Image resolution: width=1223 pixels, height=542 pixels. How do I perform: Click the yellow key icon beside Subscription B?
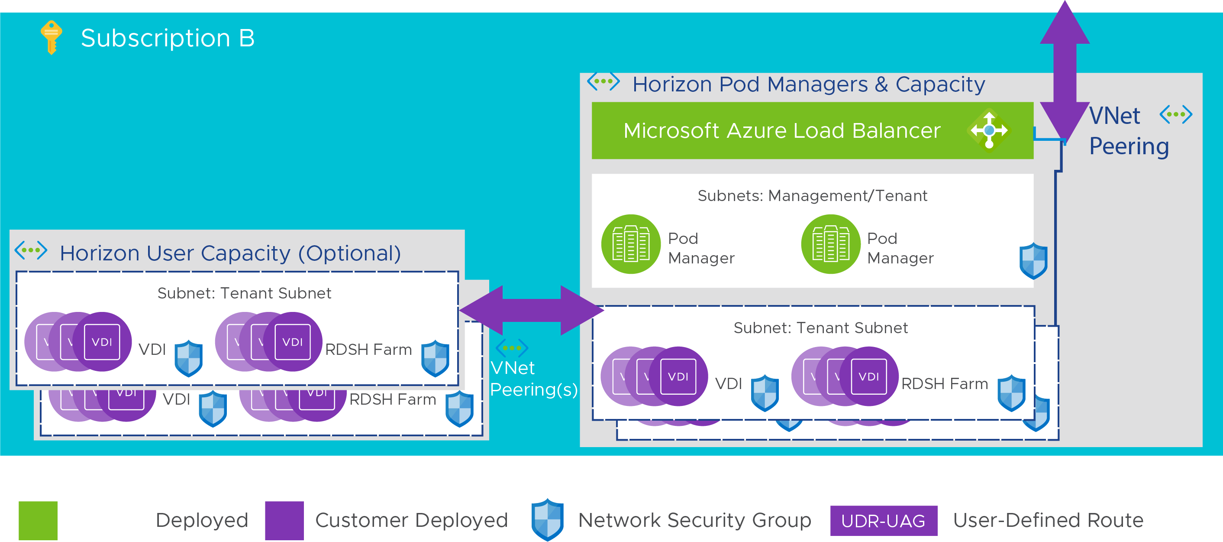(x=51, y=37)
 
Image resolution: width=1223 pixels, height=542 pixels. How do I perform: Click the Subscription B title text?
(x=168, y=38)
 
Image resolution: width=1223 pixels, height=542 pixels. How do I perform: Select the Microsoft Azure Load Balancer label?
(x=781, y=131)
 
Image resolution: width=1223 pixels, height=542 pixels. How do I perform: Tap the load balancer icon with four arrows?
(x=989, y=130)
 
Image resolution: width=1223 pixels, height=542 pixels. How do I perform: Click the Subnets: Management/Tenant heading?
(x=812, y=196)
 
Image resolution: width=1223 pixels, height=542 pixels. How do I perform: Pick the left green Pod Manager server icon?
(x=630, y=244)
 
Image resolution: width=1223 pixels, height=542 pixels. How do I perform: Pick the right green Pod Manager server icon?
(x=830, y=244)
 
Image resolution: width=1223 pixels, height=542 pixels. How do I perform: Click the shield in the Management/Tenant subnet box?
(x=1033, y=261)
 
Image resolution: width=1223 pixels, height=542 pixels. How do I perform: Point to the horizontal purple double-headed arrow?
(x=531, y=310)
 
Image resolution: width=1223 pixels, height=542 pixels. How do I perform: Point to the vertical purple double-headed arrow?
(x=1065, y=71)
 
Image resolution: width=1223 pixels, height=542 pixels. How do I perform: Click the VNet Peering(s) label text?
(x=533, y=379)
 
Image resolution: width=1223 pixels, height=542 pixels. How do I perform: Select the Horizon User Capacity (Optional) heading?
(x=230, y=253)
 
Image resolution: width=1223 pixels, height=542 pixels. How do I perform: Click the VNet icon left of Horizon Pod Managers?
(x=603, y=82)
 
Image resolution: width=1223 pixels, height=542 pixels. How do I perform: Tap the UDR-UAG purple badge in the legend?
(x=883, y=521)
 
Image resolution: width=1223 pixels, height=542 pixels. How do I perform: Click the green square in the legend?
(x=38, y=520)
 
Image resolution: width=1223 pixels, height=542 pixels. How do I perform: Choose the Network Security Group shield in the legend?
(x=547, y=519)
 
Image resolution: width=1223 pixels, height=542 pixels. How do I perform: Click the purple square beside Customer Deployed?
(x=284, y=520)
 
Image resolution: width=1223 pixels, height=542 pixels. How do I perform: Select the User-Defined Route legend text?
(x=1048, y=520)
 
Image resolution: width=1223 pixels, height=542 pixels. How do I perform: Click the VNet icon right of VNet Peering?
(x=1175, y=114)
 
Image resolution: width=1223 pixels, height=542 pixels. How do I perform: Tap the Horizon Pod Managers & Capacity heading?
(x=809, y=84)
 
